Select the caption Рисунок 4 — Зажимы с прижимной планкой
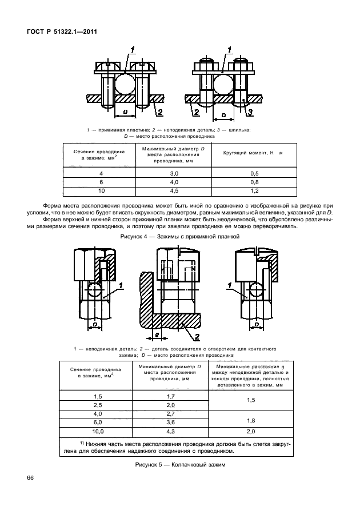(x=180, y=236)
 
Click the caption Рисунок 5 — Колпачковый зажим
(x=180, y=464)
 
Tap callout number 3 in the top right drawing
(x=249, y=112)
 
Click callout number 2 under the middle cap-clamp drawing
(x=196, y=336)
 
